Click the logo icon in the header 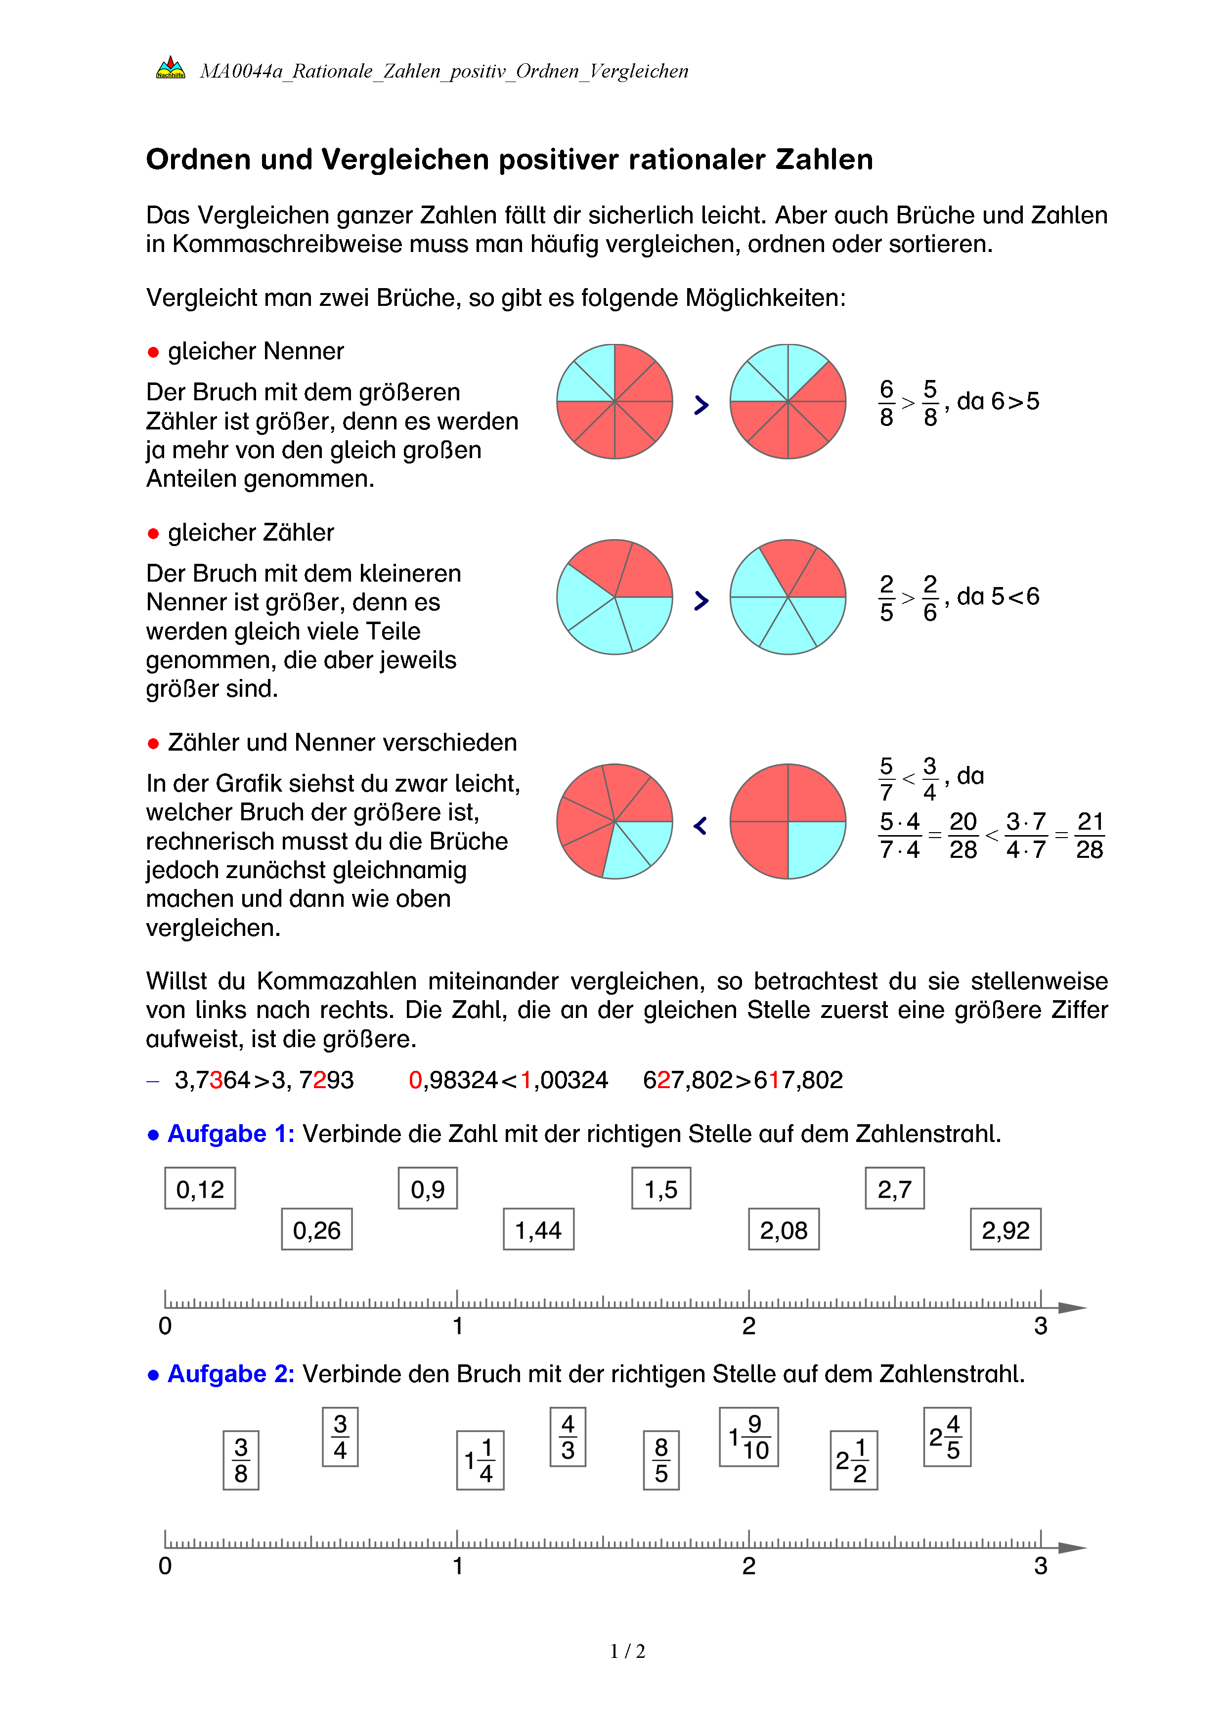coord(170,68)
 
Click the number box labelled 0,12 coord(200,1189)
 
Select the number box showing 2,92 coord(1006,1229)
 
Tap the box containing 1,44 coord(538,1229)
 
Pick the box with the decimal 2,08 coord(784,1229)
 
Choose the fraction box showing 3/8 coord(241,1460)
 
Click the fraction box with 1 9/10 coord(748,1437)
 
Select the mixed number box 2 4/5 coord(947,1437)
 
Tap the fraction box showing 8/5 coord(661,1460)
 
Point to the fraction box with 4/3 coord(568,1437)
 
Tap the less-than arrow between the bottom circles coord(701,826)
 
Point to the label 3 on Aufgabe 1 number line coord(1040,1326)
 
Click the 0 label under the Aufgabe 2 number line coord(165,1566)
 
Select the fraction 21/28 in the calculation coord(1090,836)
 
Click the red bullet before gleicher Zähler coord(153,534)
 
